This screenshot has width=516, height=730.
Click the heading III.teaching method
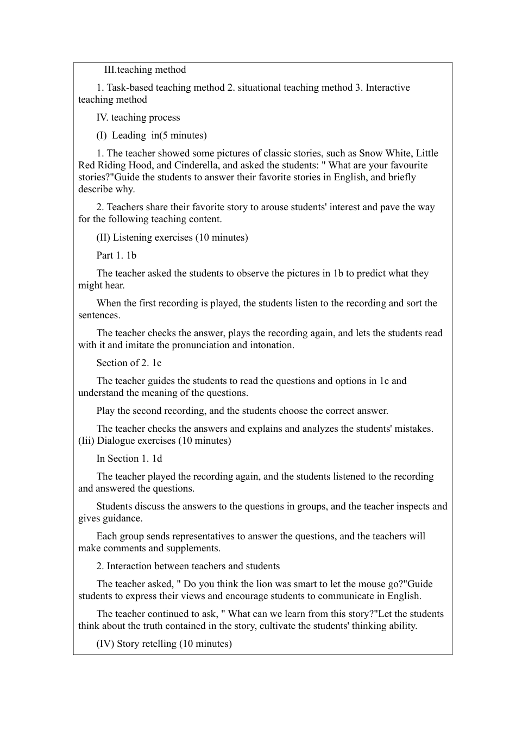(145, 70)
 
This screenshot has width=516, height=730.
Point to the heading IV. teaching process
(138, 117)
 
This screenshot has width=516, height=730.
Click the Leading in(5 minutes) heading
(152, 135)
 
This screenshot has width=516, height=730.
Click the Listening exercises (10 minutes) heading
(172, 237)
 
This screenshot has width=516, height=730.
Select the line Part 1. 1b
(116, 255)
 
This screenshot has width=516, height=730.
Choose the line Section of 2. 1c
(129, 363)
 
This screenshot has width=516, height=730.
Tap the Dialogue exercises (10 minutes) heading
(155, 440)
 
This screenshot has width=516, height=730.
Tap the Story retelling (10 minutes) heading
(164, 644)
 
